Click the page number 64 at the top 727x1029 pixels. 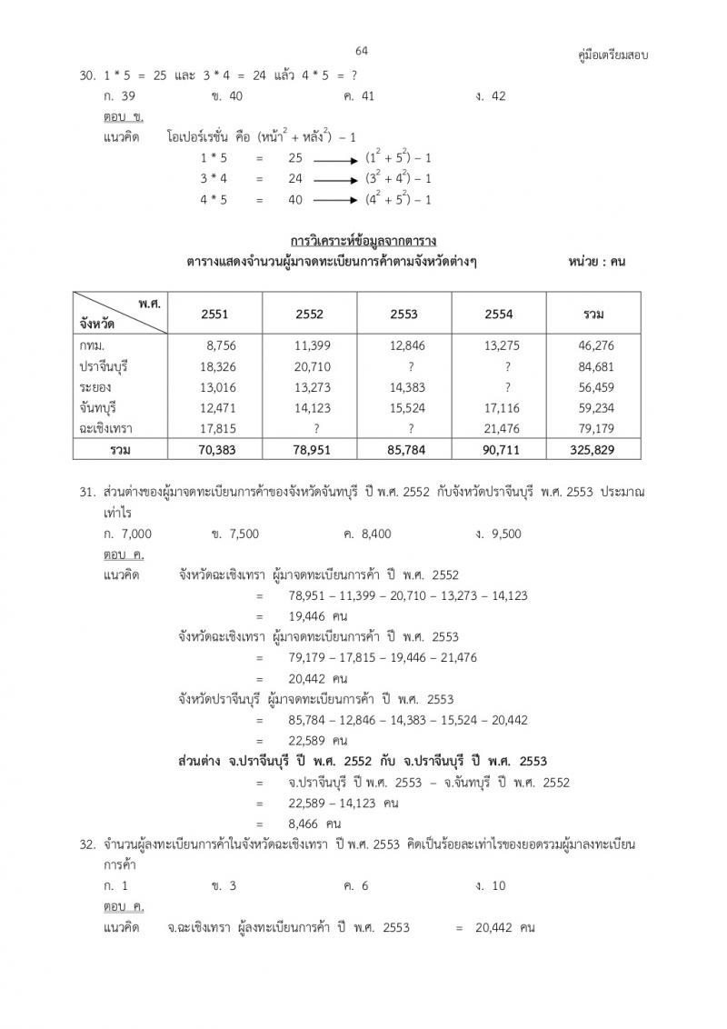coord(362,51)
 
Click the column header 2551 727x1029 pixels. coord(215,314)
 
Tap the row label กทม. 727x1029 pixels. coord(93,345)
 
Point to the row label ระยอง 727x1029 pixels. coord(95,387)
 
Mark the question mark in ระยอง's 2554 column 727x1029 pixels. coord(507,387)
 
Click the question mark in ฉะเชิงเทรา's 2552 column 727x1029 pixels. coord(316,429)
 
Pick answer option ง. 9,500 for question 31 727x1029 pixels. coord(498,534)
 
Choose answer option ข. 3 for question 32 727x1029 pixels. coord(224,885)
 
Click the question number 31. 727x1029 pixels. coord(86,492)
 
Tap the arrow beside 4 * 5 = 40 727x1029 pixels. coord(334,200)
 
